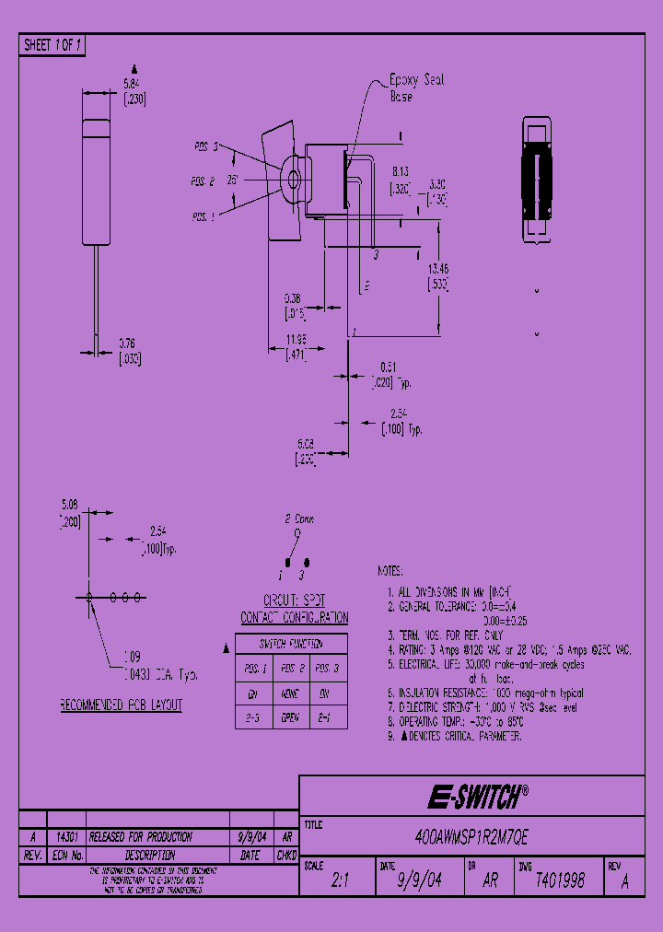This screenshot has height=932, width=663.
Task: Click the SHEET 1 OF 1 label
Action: tap(52, 45)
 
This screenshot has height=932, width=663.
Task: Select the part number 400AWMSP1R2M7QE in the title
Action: tap(471, 839)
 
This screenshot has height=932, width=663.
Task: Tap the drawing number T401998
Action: tap(560, 880)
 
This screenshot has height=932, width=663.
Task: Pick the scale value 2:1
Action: tap(341, 880)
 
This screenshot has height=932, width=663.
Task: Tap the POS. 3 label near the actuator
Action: tap(205, 146)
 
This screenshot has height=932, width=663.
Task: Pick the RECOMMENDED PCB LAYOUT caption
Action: tap(121, 705)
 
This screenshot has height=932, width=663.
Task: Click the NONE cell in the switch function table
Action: tap(292, 693)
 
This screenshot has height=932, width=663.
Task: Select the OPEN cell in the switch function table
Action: tap(292, 715)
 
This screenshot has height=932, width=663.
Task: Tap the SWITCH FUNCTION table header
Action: tap(291, 644)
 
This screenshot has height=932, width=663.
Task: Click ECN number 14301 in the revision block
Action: tap(66, 837)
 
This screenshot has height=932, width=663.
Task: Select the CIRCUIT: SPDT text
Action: tap(294, 600)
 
